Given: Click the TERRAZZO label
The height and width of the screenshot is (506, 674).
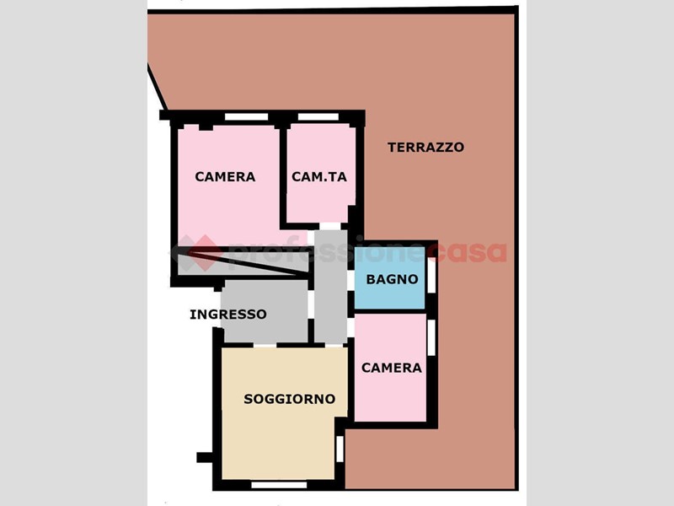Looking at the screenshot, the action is click(x=425, y=147).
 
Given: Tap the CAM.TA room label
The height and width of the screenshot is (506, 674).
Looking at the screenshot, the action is click(x=319, y=177).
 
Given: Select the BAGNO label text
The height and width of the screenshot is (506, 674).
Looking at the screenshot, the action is click(x=392, y=279).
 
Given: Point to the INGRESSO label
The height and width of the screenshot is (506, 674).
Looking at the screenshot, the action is click(x=228, y=315).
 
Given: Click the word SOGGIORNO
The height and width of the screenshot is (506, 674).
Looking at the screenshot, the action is click(x=289, y=399).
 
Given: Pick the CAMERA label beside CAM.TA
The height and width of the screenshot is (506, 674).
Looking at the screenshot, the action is click(x=225, y=177).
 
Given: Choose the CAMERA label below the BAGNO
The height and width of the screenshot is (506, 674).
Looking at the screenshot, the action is click(x=391, y=368).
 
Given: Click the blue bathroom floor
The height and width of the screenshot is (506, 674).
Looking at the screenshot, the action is click(x=389, y=278).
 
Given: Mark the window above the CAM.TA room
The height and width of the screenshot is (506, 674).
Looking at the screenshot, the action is click(x=318, y=117).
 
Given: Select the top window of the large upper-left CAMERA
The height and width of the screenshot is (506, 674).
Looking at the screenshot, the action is click(x=246, y=117).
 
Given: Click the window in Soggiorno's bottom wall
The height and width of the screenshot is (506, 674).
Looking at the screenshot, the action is click(x=279, y=486).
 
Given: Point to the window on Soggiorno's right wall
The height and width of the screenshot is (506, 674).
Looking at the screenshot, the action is click(x=340, y=449).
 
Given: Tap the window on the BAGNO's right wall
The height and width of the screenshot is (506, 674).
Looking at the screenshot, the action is click(x=431, y=274).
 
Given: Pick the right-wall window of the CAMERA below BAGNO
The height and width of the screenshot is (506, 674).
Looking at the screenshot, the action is click(x=431, y=338).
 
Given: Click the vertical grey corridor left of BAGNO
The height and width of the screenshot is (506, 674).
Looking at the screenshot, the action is click(x=330, y=287).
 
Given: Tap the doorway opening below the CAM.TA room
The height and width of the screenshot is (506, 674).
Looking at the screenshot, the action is click(x=330, y=226).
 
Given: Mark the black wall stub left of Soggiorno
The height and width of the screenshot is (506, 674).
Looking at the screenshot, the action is click(x=205, y=457).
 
